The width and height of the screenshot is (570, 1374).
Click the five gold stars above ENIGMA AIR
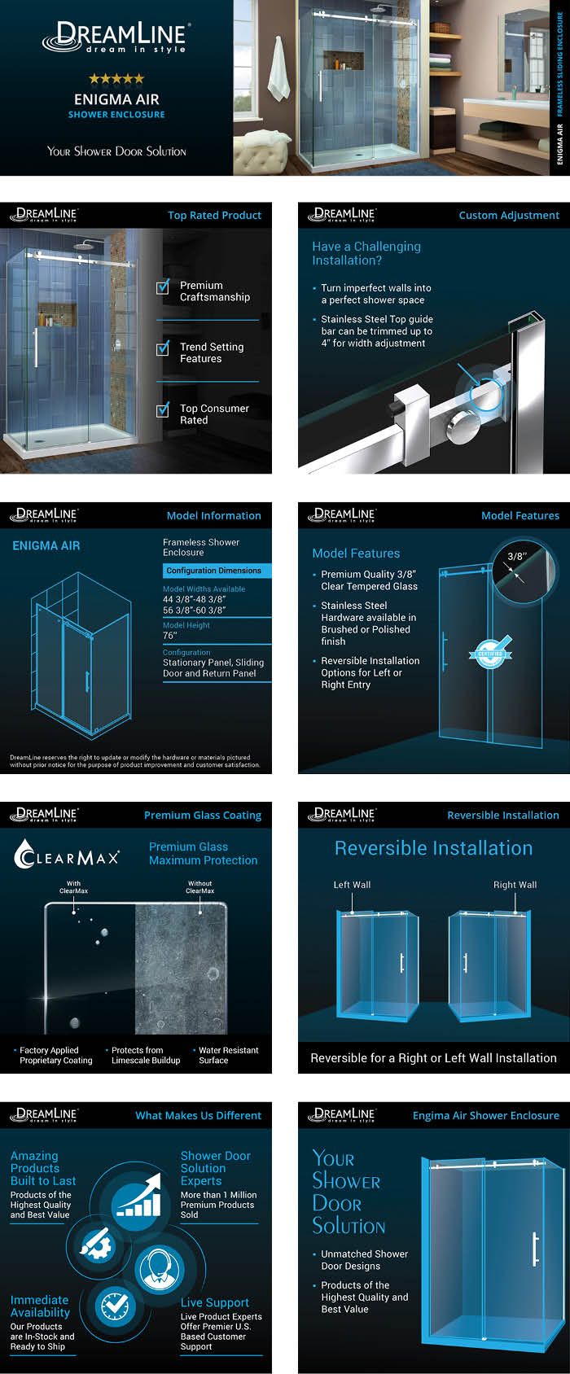[x=116, y=79]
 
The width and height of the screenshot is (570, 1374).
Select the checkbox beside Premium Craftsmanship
[x=163, y=287]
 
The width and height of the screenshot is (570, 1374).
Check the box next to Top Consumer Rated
[x=163, y=409]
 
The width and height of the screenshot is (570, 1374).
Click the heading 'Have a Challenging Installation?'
[x=366, y=253]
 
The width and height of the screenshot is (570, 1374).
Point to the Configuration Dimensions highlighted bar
[x=214, y=571]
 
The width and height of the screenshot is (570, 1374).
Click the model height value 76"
[x=169, y=636]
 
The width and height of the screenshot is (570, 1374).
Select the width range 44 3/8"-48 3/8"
[x=194, y=599]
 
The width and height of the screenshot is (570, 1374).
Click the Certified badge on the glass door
[x=490, y=653]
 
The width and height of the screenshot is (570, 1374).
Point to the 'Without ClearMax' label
[x=199, y=886]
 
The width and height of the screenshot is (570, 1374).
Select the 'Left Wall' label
[x=352, y=885]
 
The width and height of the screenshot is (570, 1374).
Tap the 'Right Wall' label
[x=515, y=885]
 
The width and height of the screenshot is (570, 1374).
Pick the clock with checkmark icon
[x=115, y=1306]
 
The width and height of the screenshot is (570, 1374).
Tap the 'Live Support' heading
[x=215, y=1302]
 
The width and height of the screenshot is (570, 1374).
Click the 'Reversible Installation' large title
[x=433, y=848]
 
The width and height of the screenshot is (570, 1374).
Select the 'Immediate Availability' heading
[x=40, y=1306]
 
